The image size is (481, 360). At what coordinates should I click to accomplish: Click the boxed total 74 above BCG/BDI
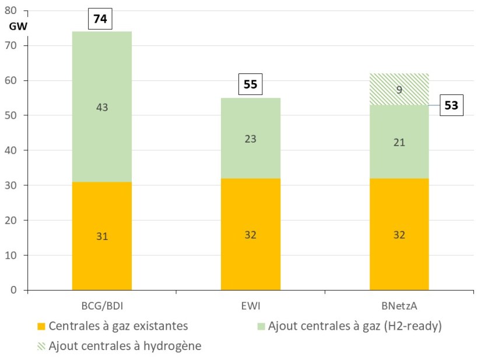100,19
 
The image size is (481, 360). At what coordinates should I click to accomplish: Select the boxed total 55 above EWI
250,84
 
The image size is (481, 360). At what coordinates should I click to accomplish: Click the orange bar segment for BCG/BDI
102,236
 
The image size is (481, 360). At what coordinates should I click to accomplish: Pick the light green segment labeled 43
102,107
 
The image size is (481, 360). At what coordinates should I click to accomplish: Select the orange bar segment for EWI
251,235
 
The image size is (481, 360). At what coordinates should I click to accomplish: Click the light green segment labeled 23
251,139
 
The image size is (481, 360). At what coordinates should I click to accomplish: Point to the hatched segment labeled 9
399,89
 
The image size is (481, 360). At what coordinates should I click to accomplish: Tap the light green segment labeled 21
399,142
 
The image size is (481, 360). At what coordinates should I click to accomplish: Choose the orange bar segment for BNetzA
399,235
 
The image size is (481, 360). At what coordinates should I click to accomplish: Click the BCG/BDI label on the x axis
102,305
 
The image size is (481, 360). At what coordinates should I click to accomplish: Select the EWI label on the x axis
251,305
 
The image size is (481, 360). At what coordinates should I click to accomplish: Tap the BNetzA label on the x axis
399,305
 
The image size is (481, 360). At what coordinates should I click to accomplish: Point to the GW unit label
18,26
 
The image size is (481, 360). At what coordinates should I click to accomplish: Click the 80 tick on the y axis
16,10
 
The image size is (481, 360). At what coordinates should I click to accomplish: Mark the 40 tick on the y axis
16,150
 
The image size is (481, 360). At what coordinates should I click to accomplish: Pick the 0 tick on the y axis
19,290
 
